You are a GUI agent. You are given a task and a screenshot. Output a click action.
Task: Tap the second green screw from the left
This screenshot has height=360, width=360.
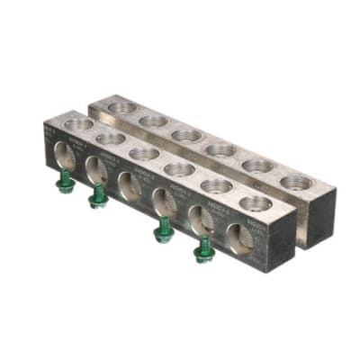point(97,196)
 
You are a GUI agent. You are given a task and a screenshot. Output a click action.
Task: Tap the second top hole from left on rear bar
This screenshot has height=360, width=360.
point(153,121)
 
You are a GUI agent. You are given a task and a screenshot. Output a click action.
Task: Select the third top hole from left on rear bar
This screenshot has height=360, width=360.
point(185,135)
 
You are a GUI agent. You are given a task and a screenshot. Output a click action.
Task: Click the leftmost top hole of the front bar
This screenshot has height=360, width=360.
point(78,124)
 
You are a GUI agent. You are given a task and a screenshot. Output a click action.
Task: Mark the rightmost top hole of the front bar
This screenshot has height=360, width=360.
point(256,203)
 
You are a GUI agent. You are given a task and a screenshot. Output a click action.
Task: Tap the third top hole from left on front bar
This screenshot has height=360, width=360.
point(143,153)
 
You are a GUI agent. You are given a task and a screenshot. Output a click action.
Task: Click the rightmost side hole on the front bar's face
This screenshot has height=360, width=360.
point(237,238)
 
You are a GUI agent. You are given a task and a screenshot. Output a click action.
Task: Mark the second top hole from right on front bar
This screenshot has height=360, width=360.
point(217,186)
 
